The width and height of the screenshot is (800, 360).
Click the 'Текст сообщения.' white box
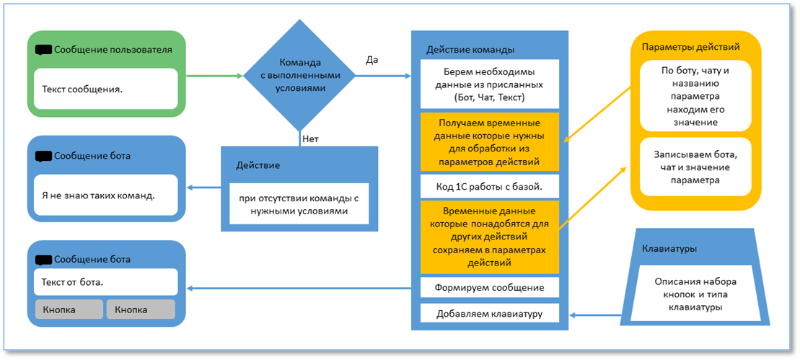(105, 89)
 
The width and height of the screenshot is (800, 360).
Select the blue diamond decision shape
(299, 75)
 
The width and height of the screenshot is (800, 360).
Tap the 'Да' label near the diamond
(372, 60)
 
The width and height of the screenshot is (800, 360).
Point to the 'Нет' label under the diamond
(310, 139)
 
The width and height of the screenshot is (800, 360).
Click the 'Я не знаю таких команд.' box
(105, 195)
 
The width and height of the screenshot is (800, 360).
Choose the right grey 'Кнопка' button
(140, 309)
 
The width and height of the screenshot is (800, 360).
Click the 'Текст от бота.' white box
(105, 281)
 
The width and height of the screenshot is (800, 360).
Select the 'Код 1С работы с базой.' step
(489, 186)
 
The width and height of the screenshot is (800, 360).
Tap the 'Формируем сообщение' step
(489, 287)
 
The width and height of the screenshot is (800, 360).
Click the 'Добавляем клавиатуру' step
(489, 314)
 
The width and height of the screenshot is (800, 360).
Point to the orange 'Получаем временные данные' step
(489, 141)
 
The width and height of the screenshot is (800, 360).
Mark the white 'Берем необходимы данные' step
(489, 84)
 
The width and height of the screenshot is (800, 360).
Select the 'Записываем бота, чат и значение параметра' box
(695, 167)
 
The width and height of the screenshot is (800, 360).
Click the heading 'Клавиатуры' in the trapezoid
(669, 250)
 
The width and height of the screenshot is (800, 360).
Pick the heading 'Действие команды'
(470, 50)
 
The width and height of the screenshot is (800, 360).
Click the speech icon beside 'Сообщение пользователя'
(43, 51)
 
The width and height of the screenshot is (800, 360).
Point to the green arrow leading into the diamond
(214, 75)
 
